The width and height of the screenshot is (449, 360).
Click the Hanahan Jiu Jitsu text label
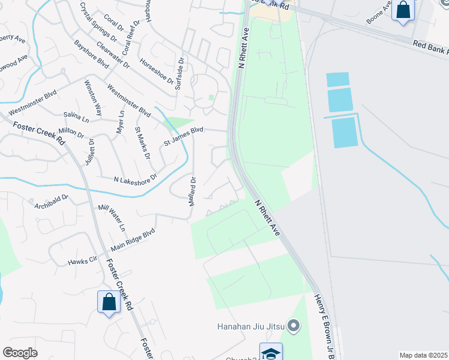coord(251,327)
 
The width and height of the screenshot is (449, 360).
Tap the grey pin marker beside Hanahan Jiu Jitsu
coord(294,326)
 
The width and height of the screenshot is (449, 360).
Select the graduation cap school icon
coord(271,352)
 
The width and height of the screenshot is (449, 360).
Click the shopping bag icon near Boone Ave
coord(402,11)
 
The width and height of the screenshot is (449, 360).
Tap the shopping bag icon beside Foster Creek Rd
coord(109,301)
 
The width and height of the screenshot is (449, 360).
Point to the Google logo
coord(20,353)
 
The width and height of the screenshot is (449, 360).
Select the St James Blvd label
coord(184,137)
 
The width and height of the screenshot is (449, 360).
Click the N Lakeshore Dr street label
coord(135,178)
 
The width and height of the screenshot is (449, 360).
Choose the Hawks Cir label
coord(82,261)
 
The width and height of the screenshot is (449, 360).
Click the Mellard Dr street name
coord(192,191)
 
